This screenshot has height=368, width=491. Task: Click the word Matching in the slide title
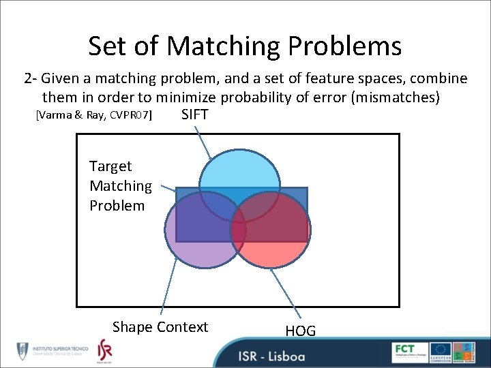tap(223, 46)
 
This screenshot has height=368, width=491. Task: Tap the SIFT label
tap(195, 115)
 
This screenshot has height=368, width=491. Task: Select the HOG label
tap(300, 331)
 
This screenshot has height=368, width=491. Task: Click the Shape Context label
tap(160, 327)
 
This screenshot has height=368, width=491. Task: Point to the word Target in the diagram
tap(110, 166)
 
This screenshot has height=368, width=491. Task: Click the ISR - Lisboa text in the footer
tap(271, 356)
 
